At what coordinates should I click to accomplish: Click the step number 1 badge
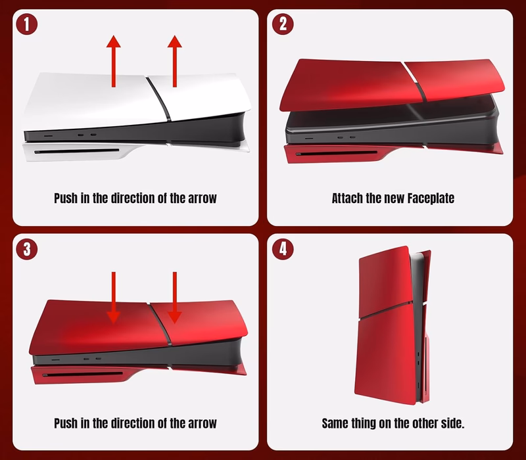click(x=26, y=24)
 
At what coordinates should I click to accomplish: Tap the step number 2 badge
click(x=283, y=24)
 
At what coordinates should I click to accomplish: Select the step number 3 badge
click(x=26, y=249)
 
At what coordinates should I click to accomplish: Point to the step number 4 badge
click(x=283, y=249)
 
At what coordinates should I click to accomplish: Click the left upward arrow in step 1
click(x=113, y=61)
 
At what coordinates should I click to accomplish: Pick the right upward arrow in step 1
click(x=175, y=61)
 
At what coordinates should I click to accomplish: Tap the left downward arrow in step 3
click(x=113, y=298)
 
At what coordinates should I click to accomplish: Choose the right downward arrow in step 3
click(x=175, y=298)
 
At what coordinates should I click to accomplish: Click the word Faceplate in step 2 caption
click(x=431, y=198)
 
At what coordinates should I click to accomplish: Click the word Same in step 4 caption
click(x=335, y=423)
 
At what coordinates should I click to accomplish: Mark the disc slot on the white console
click(x=76, y=151)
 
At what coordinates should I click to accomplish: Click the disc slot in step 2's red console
click(x=337, y=154)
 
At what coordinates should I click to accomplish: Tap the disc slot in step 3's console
click(x=83, y=374)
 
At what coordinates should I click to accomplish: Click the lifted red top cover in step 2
click(x=392, y=84)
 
